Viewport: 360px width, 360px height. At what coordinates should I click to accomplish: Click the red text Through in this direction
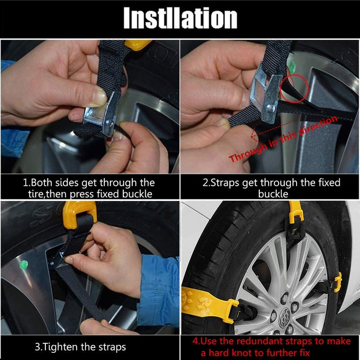(283, 139)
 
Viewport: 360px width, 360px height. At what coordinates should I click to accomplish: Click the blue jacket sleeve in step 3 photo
(160, 288)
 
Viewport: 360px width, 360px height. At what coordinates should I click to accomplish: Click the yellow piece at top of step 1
(137, 44)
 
